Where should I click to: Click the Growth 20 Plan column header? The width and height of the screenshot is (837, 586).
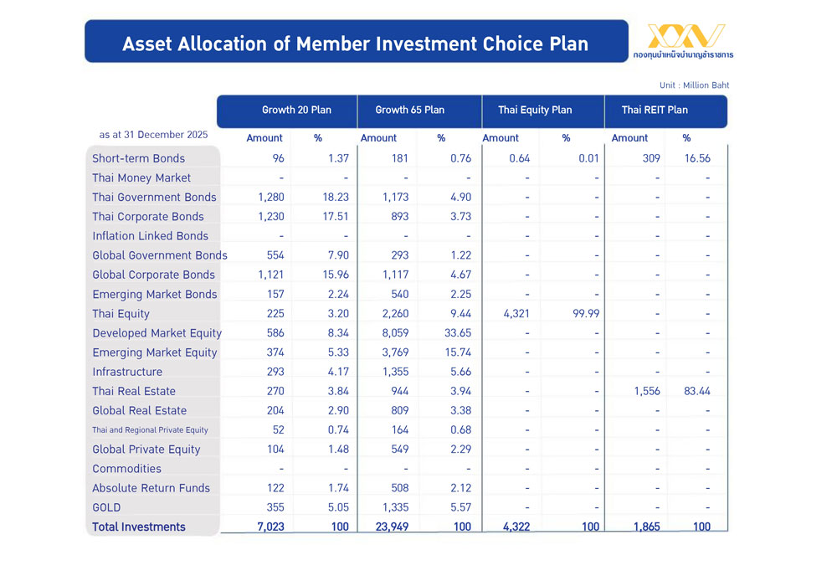coord(285,111)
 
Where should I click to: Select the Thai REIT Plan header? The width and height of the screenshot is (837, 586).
coord(655,111)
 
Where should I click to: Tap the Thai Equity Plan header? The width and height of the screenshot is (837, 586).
coord(535,111)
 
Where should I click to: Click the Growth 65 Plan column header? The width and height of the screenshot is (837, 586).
coord(410,111)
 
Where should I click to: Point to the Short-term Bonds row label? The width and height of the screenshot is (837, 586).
coord(139,158)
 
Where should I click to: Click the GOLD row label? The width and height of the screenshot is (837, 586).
coord(106,507)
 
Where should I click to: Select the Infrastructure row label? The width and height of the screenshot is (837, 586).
coord(127,372)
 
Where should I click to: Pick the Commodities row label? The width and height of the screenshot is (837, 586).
coord(126,469)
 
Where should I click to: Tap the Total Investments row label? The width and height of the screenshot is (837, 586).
coord(139,527)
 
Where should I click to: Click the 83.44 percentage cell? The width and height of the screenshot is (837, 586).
coord(696,391)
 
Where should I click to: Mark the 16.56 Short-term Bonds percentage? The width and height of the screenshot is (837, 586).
coord(696,158)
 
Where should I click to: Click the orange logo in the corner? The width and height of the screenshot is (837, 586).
coord(686,37)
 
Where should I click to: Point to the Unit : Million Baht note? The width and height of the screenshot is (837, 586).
coord(694,85)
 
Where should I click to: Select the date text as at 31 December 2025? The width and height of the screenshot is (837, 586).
coord(153,135)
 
